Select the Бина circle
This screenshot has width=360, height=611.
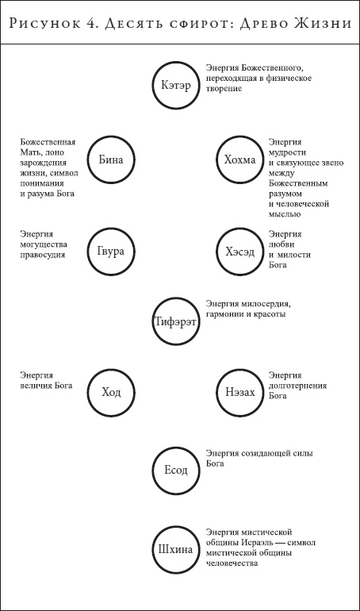111,159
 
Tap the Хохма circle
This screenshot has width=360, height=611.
239,159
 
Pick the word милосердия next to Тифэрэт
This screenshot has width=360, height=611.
266,303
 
